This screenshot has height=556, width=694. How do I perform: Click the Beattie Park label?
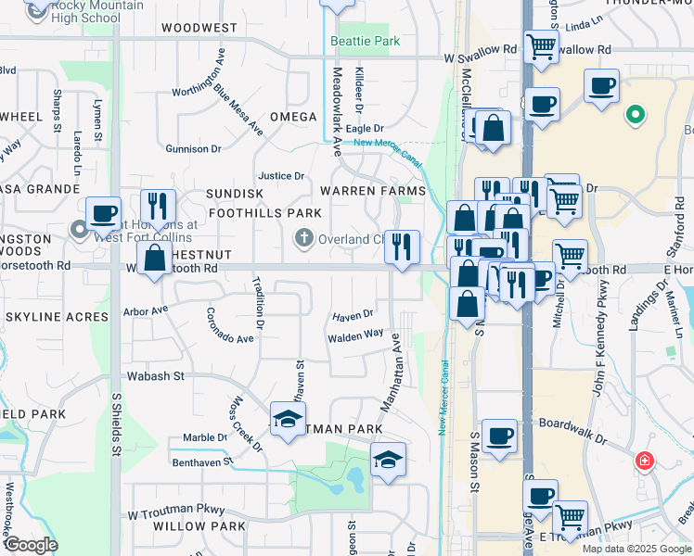pyautogui.click(x=365, y=42)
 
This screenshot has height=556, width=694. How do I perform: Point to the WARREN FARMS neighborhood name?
pyautogui.click(x=372, y=191)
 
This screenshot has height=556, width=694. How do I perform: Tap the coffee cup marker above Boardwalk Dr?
pyautogui.click(x=499, y=436)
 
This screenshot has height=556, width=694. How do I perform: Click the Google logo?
pyautogui.click(x=30, y=545)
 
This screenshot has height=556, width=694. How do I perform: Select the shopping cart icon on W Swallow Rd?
pyautogui.click(x=540, y=46)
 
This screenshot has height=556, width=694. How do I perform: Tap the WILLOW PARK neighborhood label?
pyautogui.click(x=199, y=526)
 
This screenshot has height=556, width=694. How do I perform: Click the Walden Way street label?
pyautogui.click(x=355, y=335)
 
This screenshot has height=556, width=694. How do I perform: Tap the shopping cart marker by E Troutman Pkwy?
pyautogui.click(x=570, y=517)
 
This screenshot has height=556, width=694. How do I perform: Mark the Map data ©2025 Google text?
pyautogui.click(x=636, y=549)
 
